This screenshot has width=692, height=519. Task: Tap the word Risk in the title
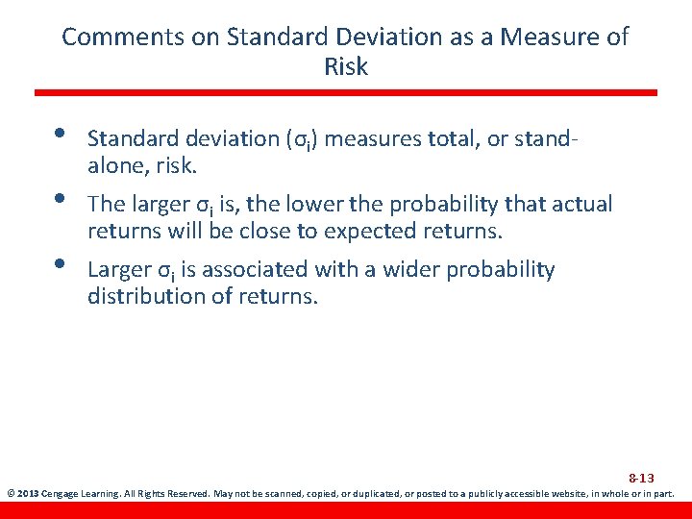point(346,67)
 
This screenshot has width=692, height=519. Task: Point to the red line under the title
point(346,92)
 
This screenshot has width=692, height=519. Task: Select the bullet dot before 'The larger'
point(60,199)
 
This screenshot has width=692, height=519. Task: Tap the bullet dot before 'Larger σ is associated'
point(60,264)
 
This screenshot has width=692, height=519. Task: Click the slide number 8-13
point(641,478)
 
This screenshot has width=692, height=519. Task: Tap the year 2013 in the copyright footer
point(26,495)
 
